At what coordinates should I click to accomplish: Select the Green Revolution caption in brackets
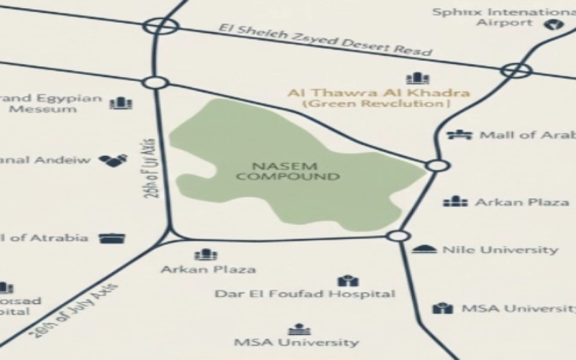(x=377, y=104)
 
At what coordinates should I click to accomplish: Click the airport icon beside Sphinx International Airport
(x=552, y=24)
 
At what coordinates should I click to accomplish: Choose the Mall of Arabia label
(x=527, y=135)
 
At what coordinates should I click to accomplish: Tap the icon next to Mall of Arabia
(x=459, y=134)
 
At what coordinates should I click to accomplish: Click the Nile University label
(x=500, y=250)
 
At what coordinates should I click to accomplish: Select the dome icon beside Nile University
(x=425, y=249)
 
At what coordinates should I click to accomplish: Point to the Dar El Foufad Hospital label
(x=306, y=294)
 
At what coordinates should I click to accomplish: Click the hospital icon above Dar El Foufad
(x=347, y=280)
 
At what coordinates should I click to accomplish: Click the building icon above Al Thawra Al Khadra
(x=417, y=78)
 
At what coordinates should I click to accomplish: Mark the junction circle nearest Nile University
(x=398, y=236)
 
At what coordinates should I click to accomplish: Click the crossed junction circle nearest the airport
(x=516, y=70)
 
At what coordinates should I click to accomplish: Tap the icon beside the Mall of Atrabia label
(x=112, y=238)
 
